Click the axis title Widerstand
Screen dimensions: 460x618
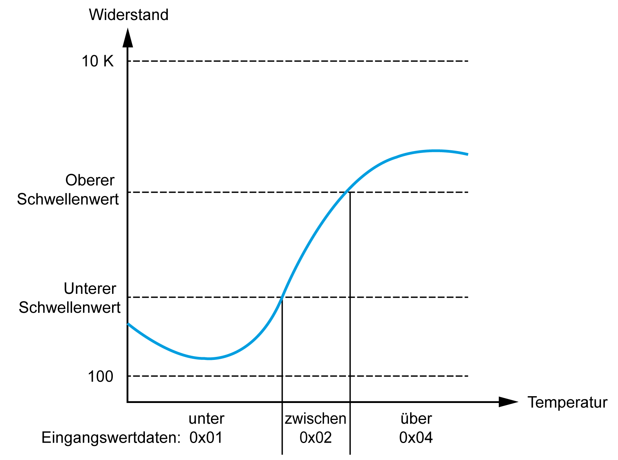[129, 15]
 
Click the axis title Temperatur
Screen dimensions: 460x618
[567, 403]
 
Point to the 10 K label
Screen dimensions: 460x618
[98, 61]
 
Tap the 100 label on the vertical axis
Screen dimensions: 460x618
[100, 377]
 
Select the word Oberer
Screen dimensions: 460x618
[90, 180]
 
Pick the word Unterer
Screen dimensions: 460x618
[90, 289]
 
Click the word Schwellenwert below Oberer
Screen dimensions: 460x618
[68, 199]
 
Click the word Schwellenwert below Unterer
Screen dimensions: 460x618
[69, 308]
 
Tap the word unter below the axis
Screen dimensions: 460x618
[206, 419]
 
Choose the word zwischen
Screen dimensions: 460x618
[315, 419]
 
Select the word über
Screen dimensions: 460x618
[416, 419]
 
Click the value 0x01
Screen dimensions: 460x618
[206, 438]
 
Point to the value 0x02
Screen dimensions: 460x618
[315, 438]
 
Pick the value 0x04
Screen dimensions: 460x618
[416, 438]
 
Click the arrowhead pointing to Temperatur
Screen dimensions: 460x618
[507, 402]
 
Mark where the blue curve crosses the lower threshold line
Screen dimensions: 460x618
[282, 297]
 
